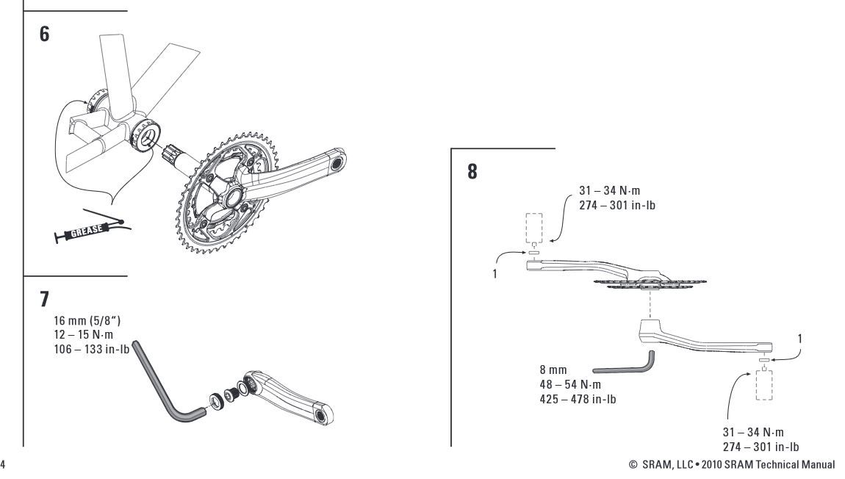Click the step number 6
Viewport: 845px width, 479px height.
[45, 35]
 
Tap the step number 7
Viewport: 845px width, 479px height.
[45, 300]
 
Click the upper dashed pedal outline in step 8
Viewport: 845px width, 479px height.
[534, 228]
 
